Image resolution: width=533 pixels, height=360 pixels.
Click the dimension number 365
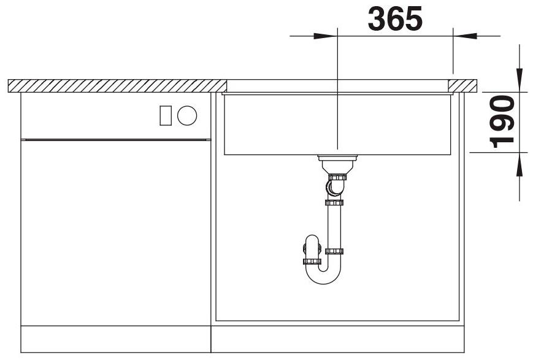click(395, 18)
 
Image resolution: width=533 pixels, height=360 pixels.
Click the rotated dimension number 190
click(502, 121)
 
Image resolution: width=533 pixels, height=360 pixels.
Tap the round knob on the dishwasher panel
click(187, 115)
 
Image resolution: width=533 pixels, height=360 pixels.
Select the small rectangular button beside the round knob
click(166, 115)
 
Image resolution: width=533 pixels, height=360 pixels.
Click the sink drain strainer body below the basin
click(337, 164)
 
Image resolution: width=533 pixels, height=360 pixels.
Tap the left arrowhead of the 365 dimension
click(325, 36)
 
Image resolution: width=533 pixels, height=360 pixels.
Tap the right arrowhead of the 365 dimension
click(465, 36)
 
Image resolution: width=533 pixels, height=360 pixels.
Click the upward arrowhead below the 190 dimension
click(520, 164)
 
